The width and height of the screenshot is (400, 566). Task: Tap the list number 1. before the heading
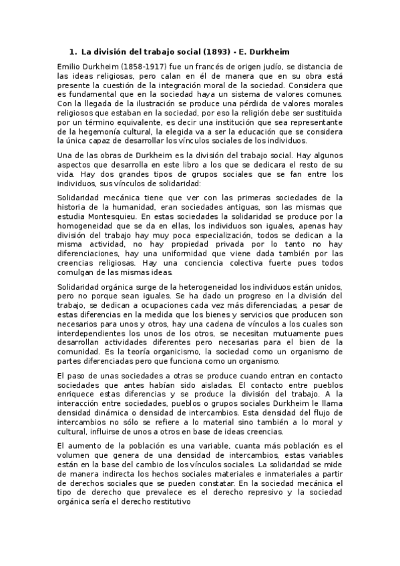point(73,51)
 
